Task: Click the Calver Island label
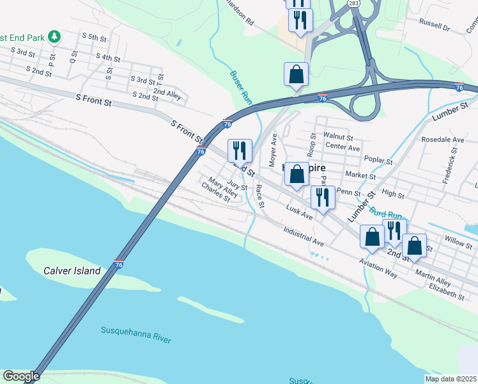(72, 271)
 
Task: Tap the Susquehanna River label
(136, 334)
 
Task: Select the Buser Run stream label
(241, 88)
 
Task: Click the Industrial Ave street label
(304, 237)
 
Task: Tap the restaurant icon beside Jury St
(240, 151)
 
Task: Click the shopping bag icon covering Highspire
(297, 174)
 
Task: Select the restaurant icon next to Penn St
(322, 197)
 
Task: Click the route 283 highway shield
(354, 4)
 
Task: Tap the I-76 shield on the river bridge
(119, 264)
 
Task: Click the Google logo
(20, 376)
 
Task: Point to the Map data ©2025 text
(451, 379)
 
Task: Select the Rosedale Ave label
(442, 140)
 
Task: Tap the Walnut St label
(338, 136)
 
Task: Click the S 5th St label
(93, 38)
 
